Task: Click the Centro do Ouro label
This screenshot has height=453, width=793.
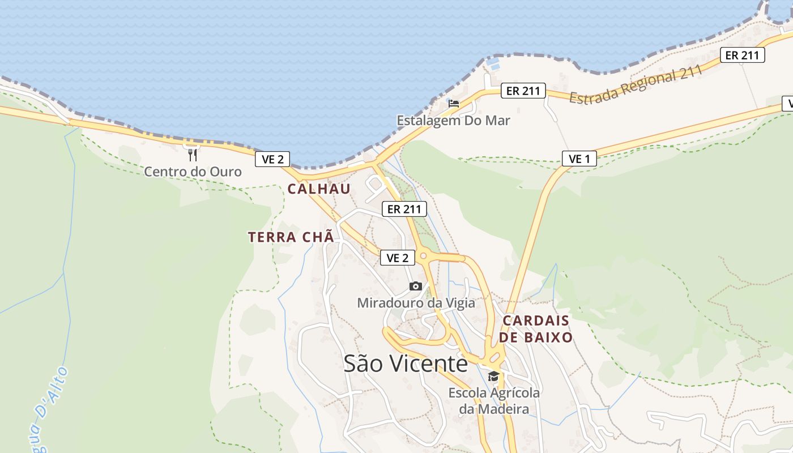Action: [193, 172]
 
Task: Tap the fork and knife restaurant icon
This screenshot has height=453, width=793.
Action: [193, 155]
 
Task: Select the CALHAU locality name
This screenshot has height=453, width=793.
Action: [319, 189]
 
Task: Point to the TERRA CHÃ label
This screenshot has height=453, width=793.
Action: [291, 237]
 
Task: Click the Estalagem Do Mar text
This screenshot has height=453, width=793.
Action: [453, 120]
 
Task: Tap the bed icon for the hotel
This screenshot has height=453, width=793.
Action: [454, 104]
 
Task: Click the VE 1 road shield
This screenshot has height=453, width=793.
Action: [579, 159]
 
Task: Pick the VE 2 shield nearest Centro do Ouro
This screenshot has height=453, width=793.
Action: [272, 159]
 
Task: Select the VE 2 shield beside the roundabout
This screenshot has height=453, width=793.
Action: [397, 258]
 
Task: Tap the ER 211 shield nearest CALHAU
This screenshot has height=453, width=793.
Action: [404, 209]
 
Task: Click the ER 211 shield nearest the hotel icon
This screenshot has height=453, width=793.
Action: [523, 91]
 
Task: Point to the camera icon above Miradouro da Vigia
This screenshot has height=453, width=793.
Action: [416, 287]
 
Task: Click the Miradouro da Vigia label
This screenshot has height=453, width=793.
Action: [416, 303]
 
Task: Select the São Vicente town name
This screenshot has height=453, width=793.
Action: [406, 364]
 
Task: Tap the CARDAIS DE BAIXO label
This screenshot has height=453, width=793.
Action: [536, 329]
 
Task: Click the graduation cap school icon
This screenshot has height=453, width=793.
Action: [494, 377]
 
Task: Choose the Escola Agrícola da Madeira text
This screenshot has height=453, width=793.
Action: [494, 401]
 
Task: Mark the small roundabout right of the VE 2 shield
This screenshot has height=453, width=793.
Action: [424, 257]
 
